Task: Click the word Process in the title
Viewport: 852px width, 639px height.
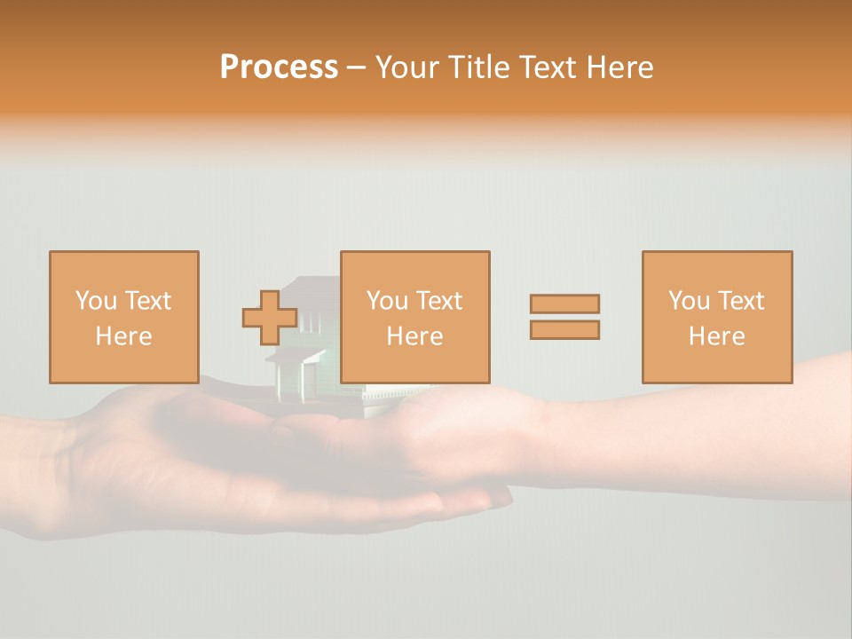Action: click(279, 67)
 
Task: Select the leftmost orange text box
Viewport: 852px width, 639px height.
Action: click(124, 317)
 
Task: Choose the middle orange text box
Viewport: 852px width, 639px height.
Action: click(415, 317)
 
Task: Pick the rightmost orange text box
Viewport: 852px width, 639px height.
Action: click(717, 317)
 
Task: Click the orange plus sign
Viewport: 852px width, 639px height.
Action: click(270, 318)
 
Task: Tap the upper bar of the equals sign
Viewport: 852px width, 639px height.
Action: click(564, 304)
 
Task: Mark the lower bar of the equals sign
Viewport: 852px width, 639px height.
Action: click(564, 330)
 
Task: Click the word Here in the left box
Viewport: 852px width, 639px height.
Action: click(124, 336)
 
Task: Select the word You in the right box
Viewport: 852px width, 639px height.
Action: click(689, 301)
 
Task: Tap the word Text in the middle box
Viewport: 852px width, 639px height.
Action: click(439, 301)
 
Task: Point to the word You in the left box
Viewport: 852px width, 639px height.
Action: click(96, 301)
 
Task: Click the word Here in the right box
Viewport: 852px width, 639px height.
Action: click(717, 336)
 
